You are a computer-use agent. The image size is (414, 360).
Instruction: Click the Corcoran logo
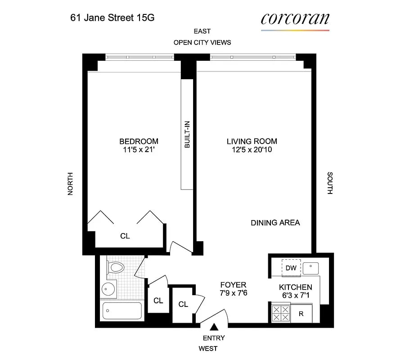(x=295, y=19)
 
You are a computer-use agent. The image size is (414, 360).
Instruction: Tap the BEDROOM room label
(x=139, y=141)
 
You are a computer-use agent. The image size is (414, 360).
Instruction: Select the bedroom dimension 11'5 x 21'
(x=139, y=150)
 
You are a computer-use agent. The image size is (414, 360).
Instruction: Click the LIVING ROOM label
(x=252, y=141)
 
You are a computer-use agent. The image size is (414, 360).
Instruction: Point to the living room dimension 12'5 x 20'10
(x=252, y=150)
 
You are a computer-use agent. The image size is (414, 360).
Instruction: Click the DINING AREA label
(x=275, y=223)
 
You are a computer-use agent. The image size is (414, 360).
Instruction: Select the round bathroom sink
(x=108, y=289)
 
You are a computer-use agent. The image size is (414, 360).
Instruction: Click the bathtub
(x=122, y=310)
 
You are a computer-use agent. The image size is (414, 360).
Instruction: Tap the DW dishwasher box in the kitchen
(x=291, y=268)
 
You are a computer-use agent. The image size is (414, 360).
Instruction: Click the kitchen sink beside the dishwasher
(x=310, y=269)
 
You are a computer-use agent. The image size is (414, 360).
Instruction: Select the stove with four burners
(x=281, y=313)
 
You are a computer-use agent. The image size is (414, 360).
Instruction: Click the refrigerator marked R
(x=301, y=314)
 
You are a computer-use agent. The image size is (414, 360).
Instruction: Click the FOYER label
(x=233, y=285)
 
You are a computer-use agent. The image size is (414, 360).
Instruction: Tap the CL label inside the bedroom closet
(x=125, y=236)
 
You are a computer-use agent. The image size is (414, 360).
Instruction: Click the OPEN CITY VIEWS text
(x=202, y=42)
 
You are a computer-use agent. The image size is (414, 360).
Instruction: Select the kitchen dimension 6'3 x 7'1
(x=295, y=296)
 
